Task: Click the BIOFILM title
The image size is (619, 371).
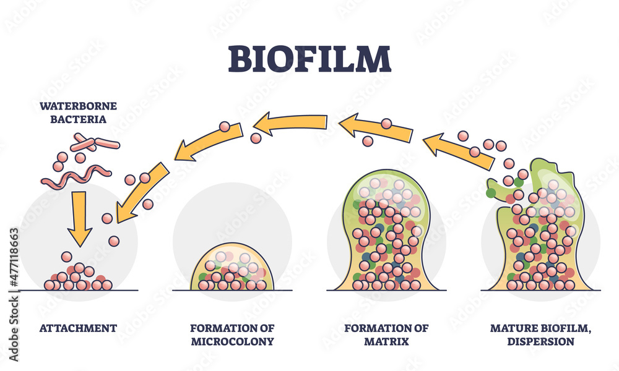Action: [309, 59]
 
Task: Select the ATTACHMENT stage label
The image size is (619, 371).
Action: [78, 328]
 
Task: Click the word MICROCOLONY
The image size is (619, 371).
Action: [233, 341]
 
